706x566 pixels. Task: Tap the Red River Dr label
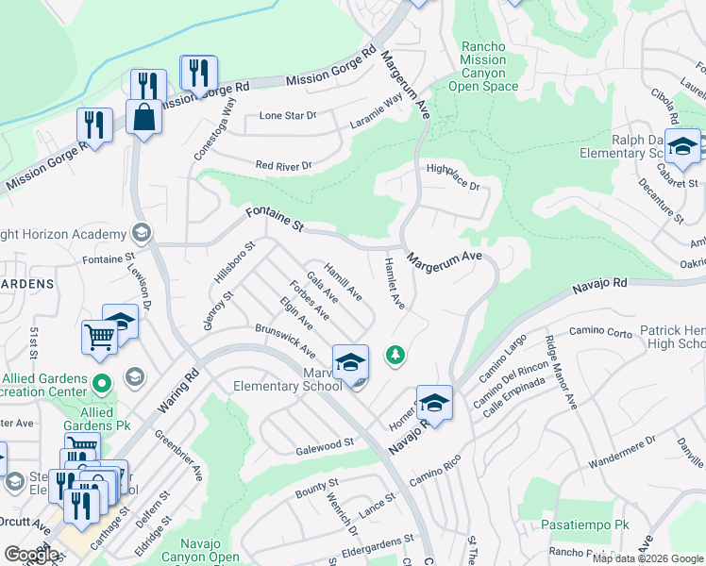pos(283,166)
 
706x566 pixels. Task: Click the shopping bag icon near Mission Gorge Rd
pos(143,117)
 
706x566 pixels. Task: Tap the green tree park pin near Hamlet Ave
pos(395,356)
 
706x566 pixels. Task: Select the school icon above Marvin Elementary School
pos(349,360)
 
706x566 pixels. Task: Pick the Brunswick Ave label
pos(285,341)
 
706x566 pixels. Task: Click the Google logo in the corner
pos(31,554)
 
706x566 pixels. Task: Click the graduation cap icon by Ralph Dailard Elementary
pos(681,146)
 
